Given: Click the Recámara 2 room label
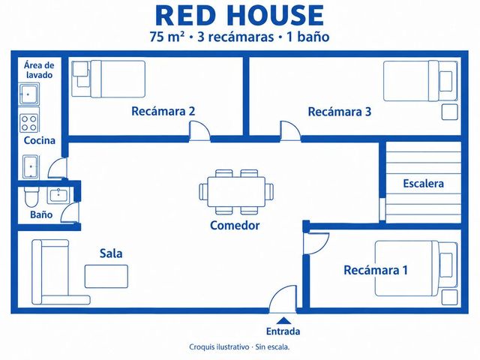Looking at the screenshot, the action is coord(163,111).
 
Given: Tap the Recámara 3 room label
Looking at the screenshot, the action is coord(340,112).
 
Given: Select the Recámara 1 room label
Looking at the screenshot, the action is coord(376,270).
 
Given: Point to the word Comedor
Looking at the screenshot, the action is coord(235,225).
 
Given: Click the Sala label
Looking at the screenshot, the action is coord(111,253).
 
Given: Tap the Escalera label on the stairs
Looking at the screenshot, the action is coord(423,183).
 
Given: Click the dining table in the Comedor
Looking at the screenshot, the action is coord(236,192).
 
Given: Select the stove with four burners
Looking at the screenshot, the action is coord(28,123).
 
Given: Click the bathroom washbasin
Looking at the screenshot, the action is coord(58,195).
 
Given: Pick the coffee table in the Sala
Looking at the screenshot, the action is coord(106,277).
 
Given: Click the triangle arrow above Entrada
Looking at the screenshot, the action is coord(285,320).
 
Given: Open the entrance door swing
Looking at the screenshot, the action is coord(283,298).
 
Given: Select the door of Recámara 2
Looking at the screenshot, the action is coord(200,131).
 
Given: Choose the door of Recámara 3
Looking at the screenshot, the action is coord(290,131).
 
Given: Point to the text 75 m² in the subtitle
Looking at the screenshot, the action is coord(167,37).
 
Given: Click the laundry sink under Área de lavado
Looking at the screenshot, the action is coord(28,94).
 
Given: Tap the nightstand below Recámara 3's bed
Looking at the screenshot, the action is coord(450,112).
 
